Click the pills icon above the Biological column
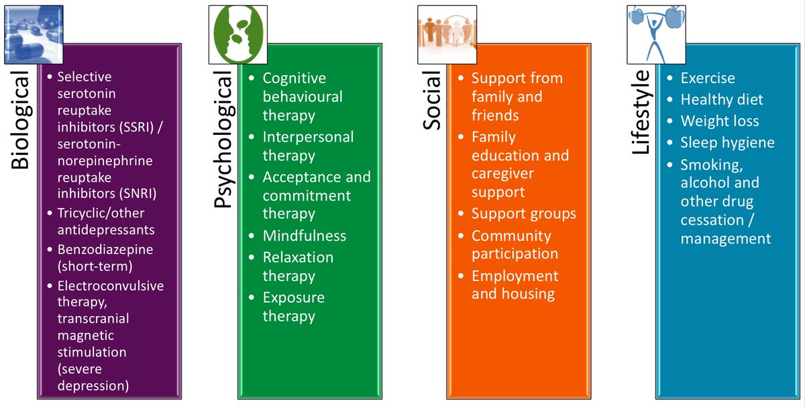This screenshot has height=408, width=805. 34,34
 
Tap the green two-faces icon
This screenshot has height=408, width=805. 238,34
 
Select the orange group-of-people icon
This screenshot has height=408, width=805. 447,34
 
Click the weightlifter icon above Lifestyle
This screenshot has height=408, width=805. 656,34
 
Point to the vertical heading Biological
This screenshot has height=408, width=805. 20,119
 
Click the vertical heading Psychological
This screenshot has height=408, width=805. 223,139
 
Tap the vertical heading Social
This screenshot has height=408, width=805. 431,100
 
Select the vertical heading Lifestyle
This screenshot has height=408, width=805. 641,112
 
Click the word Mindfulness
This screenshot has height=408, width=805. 305,236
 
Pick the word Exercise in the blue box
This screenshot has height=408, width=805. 708,78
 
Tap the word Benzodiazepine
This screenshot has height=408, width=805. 105,250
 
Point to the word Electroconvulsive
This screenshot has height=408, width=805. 111,286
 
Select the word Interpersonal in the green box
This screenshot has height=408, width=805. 308,137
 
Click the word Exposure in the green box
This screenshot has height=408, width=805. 294,298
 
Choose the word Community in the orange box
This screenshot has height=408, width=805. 511,236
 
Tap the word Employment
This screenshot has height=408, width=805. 515,276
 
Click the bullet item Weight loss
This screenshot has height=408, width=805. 719,121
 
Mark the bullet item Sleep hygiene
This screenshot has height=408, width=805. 727,143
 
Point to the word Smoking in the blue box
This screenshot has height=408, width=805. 712,165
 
